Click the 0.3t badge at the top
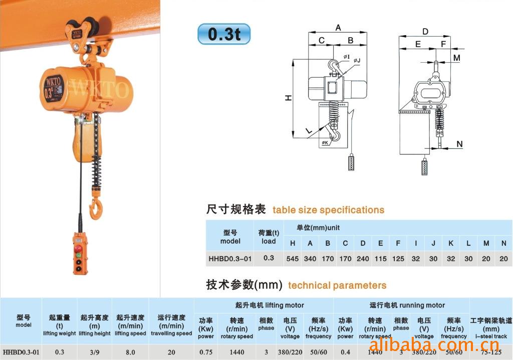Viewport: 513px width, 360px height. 224,34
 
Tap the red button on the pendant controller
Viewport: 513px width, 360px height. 78,249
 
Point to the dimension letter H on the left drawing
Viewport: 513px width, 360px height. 289,98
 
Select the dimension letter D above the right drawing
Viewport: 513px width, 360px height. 425,32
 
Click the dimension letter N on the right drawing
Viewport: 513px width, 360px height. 459,144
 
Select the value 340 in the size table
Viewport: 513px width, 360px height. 310,259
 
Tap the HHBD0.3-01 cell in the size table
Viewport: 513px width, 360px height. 230,259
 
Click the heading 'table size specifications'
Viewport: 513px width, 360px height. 328,210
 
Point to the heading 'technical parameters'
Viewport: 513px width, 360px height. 337,285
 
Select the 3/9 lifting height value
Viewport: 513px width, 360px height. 95,352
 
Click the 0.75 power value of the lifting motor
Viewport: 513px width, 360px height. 206,352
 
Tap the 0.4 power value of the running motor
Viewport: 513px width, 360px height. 345,352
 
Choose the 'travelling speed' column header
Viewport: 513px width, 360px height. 171,333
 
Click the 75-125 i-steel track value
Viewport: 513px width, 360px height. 491,352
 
